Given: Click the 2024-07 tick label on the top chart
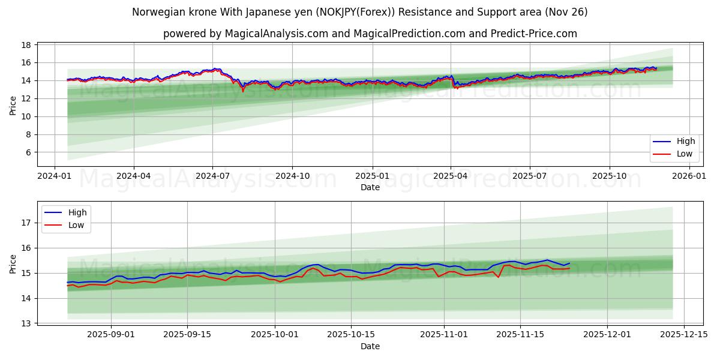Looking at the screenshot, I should click(x=212, y=176).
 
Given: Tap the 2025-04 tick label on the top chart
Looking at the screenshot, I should click(x=451, y=176).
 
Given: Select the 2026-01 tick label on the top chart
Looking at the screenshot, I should click(x=689, y=176).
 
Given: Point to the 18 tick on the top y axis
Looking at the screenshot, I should click(x=26, y=45).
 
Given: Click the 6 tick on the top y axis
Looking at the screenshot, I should click(x=28, y=152).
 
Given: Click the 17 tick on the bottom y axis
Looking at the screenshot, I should click(x=26, y=223).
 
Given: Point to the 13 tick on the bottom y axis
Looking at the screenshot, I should click(x=26, y=323).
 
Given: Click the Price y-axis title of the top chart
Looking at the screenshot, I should click(x=13, y=105).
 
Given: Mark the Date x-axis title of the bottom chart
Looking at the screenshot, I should click(x=370, y=346).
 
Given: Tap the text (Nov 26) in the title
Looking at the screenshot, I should click(x=567, y=12).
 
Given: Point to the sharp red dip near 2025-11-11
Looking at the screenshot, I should click(x=499, y=277).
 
